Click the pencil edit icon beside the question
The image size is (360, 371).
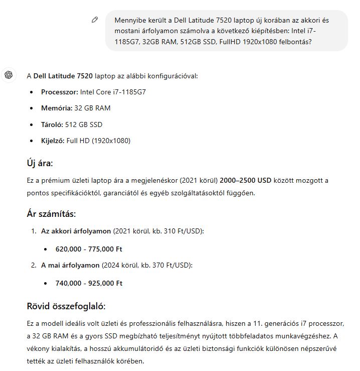(x=95, y=20)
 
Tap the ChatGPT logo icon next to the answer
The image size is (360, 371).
(x=9, y=75)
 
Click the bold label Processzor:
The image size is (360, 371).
(x=60, y=92)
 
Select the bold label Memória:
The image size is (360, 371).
(x=57, y=108)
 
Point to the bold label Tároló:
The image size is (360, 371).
(x=53, y=125)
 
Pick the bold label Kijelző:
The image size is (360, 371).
(x=53, y=141)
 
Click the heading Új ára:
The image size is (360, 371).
(x=40, y=163)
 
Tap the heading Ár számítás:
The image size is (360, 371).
(x=51, y=214)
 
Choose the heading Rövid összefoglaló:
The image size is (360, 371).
(x=66, y=306)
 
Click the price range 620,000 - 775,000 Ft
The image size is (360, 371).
(x=89, y=249)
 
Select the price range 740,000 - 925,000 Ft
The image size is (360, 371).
(x=89, y=283)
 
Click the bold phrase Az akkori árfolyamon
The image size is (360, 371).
(x=76, y=231)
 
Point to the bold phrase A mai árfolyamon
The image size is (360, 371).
(x=70, y=265)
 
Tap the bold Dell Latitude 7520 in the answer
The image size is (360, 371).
(x=63, y=76)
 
